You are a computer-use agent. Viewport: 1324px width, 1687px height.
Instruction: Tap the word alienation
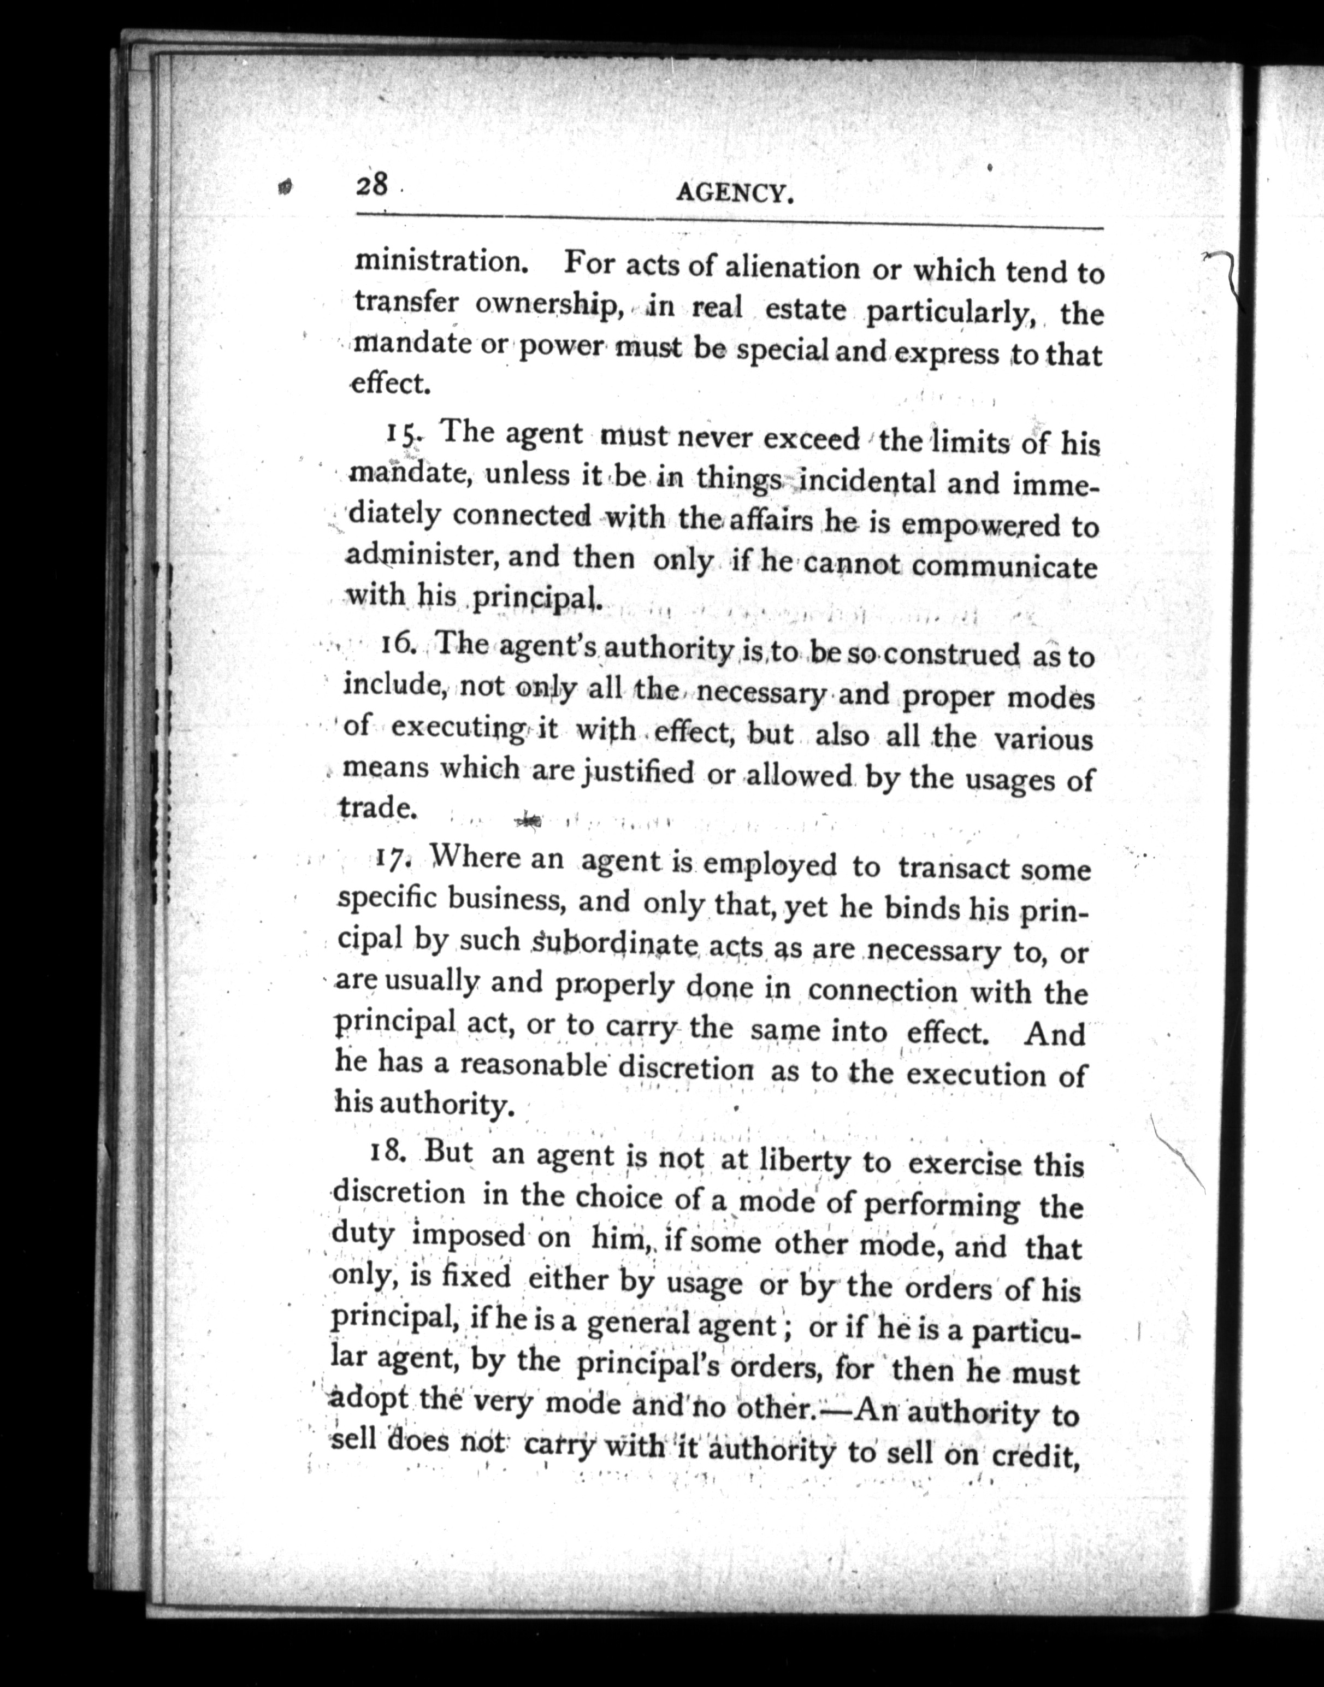pos(791,268)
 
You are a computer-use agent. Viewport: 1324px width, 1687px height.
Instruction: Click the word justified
pos(638,773)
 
